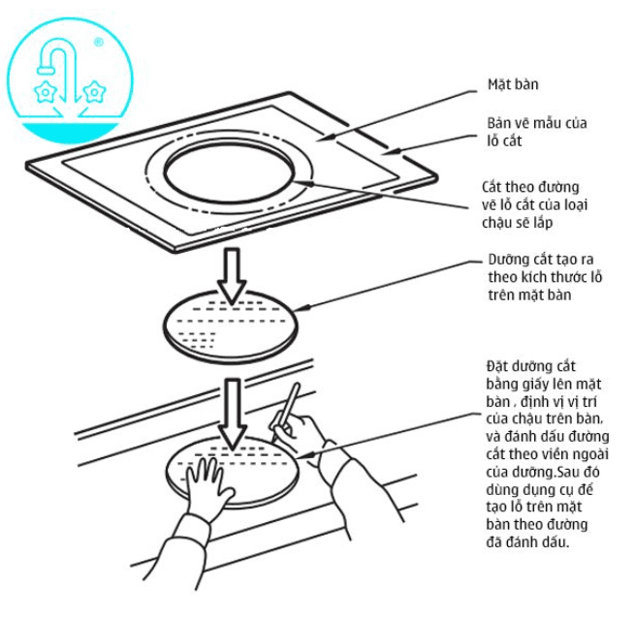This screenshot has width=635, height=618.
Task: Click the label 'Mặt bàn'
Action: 513,84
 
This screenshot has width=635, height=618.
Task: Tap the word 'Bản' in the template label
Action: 499,123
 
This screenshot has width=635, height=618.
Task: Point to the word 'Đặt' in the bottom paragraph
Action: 496,366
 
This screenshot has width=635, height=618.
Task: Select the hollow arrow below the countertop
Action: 232,276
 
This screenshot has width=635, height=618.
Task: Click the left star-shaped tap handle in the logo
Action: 45,92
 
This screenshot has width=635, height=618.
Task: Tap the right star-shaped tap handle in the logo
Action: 94,92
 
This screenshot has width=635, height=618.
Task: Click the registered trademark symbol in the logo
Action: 99,42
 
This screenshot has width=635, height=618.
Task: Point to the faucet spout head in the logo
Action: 46,69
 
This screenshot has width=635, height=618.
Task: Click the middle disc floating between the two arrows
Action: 231,326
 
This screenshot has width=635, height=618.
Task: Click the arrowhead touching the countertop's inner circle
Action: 303,183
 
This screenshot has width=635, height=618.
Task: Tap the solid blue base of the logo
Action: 69,133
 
